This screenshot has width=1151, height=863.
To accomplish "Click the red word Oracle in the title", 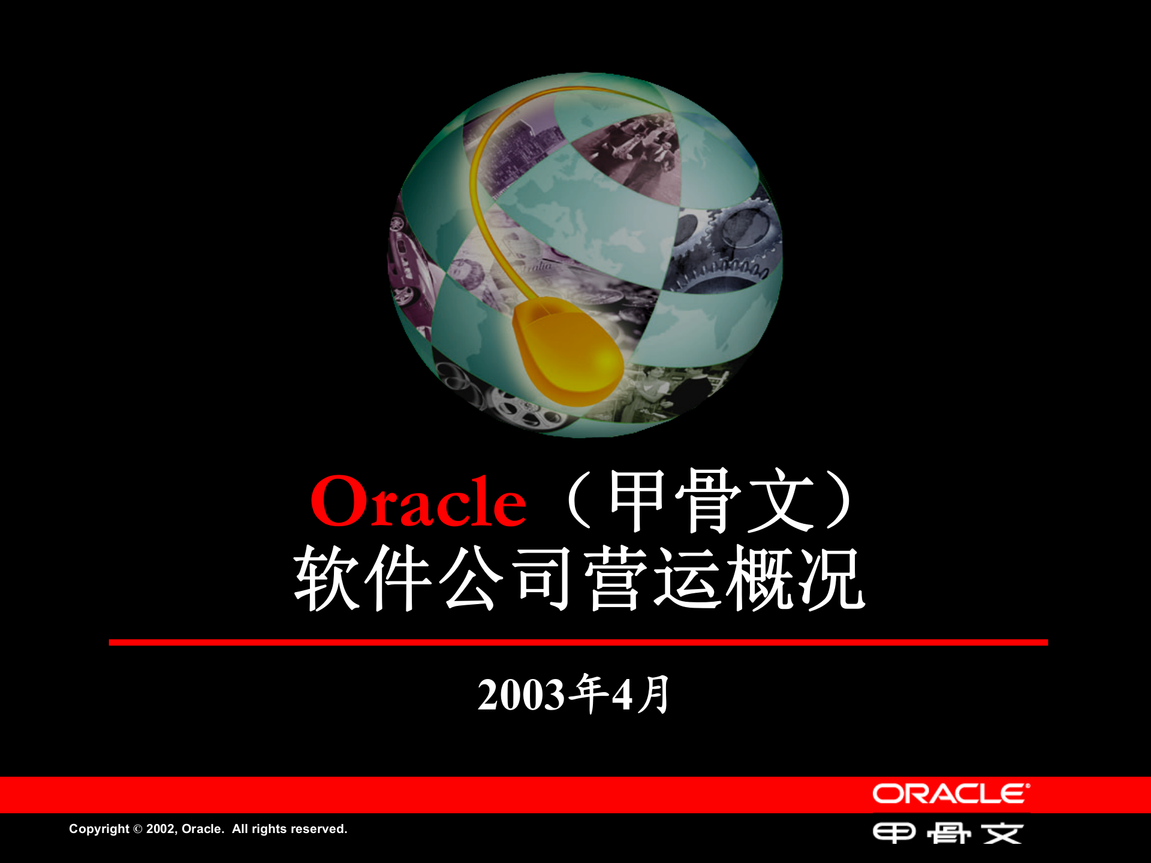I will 418,502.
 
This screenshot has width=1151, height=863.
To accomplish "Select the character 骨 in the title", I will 709,500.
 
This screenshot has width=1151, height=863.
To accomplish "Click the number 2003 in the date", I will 521,695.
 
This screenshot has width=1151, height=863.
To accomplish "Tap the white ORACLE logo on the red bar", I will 951,794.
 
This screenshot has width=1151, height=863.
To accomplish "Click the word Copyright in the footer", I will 99,829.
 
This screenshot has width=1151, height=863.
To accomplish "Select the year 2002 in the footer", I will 160,829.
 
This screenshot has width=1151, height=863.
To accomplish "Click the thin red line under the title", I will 578,642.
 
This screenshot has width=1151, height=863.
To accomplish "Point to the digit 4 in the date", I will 622,695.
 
